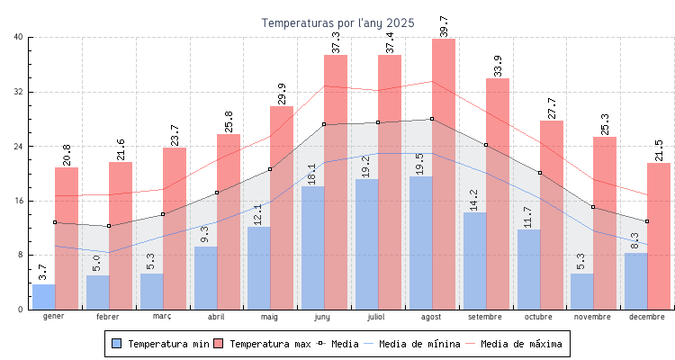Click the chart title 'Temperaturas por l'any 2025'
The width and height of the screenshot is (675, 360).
(x=337, y=22)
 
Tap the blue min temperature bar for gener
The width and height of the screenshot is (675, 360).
(x=43, y=297)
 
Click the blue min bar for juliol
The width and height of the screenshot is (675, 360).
(x=366, y=244)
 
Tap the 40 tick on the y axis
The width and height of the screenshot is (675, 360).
(x=19, y=37)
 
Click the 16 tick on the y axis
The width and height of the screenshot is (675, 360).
(x=19, y=201)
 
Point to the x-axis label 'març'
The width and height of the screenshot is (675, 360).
(x=162, y=317)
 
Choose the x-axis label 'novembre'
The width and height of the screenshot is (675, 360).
(x=592, y=317)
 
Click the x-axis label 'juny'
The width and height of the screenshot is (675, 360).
(x=323, y=317)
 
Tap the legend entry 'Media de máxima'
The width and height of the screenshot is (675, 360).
(x=521, y=344)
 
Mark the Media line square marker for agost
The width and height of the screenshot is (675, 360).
(x=432, y=119)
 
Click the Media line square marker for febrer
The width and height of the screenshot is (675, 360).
(x=109, y=226)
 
